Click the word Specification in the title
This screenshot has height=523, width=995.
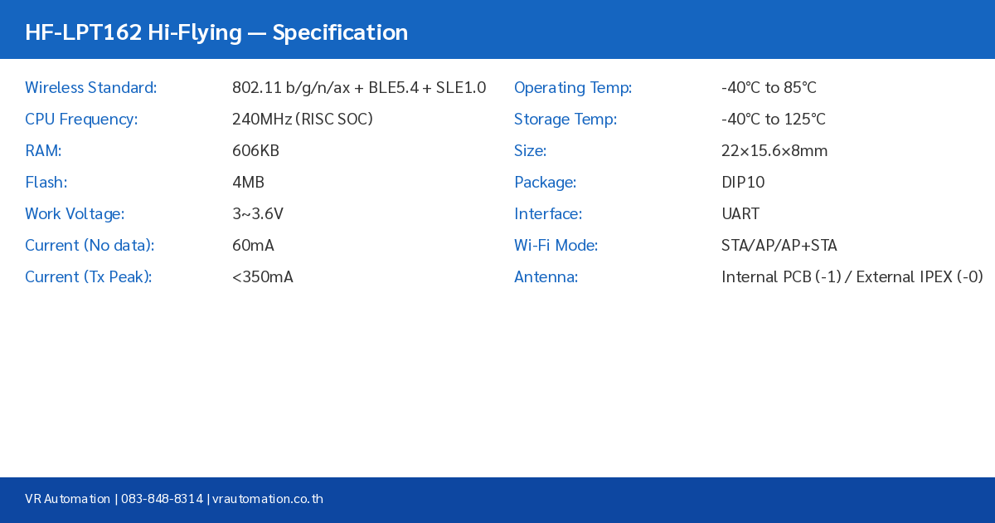[340, 32]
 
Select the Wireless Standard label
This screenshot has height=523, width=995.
[90, 88]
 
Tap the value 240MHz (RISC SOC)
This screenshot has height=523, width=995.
[303, 120]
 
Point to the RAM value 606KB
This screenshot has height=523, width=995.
[255, 151]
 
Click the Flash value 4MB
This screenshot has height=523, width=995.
[248, 183]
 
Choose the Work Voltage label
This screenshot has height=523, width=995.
[75, 214]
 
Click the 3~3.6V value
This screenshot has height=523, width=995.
[258, 214]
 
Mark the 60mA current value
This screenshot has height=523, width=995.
[253, 246]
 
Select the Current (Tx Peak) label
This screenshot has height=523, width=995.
[88, 277]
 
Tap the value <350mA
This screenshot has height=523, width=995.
[263, 277]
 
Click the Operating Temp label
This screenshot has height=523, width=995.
[573, 88]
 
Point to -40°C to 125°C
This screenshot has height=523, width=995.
[774, 120]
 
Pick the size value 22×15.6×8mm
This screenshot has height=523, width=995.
[774, 151]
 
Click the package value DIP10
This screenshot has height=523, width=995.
[743, 183]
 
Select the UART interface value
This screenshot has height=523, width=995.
[740, 214]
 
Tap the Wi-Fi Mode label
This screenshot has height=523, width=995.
[556, 246]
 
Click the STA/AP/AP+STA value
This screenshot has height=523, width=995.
[779, 246]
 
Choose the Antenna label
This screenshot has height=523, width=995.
[546, 277]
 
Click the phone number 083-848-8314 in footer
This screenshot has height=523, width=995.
[162, 499]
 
